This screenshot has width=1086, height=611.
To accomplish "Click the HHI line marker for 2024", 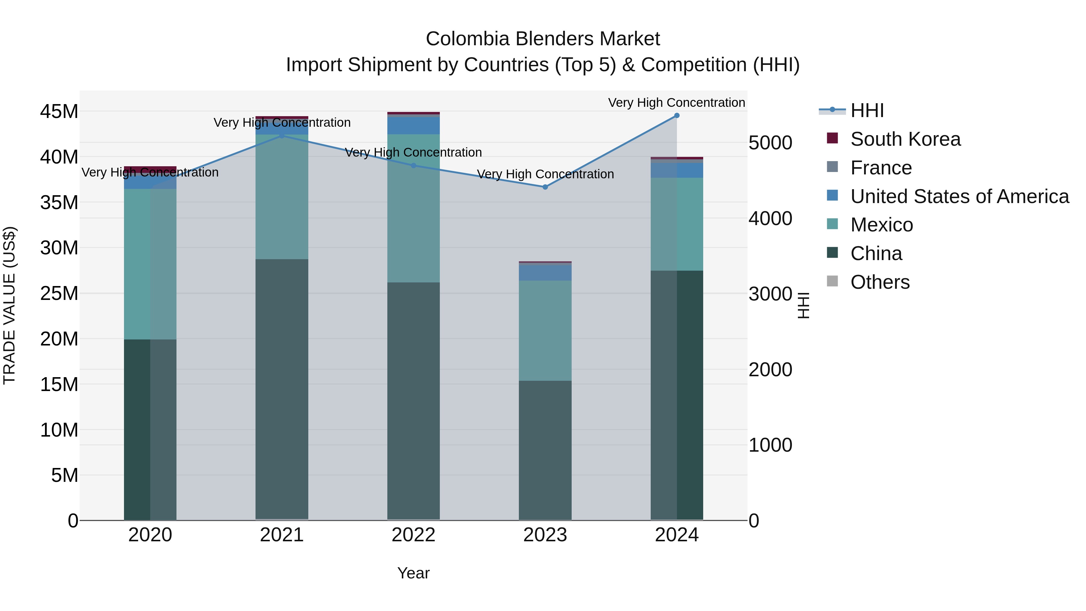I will pos(677,116).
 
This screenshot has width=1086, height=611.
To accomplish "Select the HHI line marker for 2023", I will pos(545,187).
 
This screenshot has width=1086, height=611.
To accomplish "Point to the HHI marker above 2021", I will pos(282,135).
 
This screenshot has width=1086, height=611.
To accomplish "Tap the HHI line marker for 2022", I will pos(414,166).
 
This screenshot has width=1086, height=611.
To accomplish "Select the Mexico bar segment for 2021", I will pos(282,196).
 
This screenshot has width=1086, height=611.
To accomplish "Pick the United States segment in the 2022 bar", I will pos(414,125).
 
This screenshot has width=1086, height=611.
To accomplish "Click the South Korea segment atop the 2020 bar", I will pos(150,169).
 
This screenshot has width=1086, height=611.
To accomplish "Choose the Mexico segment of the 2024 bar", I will pos(677,224).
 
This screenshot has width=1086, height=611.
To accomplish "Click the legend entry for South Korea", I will pos(905,139).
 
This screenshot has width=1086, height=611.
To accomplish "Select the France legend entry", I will pos(881,168).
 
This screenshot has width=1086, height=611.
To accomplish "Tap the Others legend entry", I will pos(880,282).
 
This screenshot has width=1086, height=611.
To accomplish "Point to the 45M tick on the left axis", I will pos(59,112).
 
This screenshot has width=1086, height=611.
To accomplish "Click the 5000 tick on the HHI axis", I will pos(770,143).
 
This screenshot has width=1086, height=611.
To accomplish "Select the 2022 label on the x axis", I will pos(414,535).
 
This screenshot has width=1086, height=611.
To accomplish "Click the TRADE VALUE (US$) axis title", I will pos(9,305).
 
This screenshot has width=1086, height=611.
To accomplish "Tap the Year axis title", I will pos(414,573).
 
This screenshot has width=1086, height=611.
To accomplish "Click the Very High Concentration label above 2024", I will pos(676,103).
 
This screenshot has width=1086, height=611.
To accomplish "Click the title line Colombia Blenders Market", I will pos(543,39).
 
